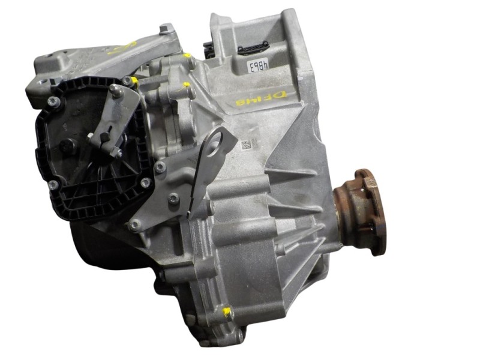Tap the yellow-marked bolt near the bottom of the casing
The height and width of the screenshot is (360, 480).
[227, 312]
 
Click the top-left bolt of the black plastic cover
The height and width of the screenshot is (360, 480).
[53, 101]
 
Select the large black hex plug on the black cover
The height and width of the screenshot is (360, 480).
[67, 145]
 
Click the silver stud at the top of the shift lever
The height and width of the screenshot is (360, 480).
[113, 91]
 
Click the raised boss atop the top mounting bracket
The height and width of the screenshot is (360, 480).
[166, 29]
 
